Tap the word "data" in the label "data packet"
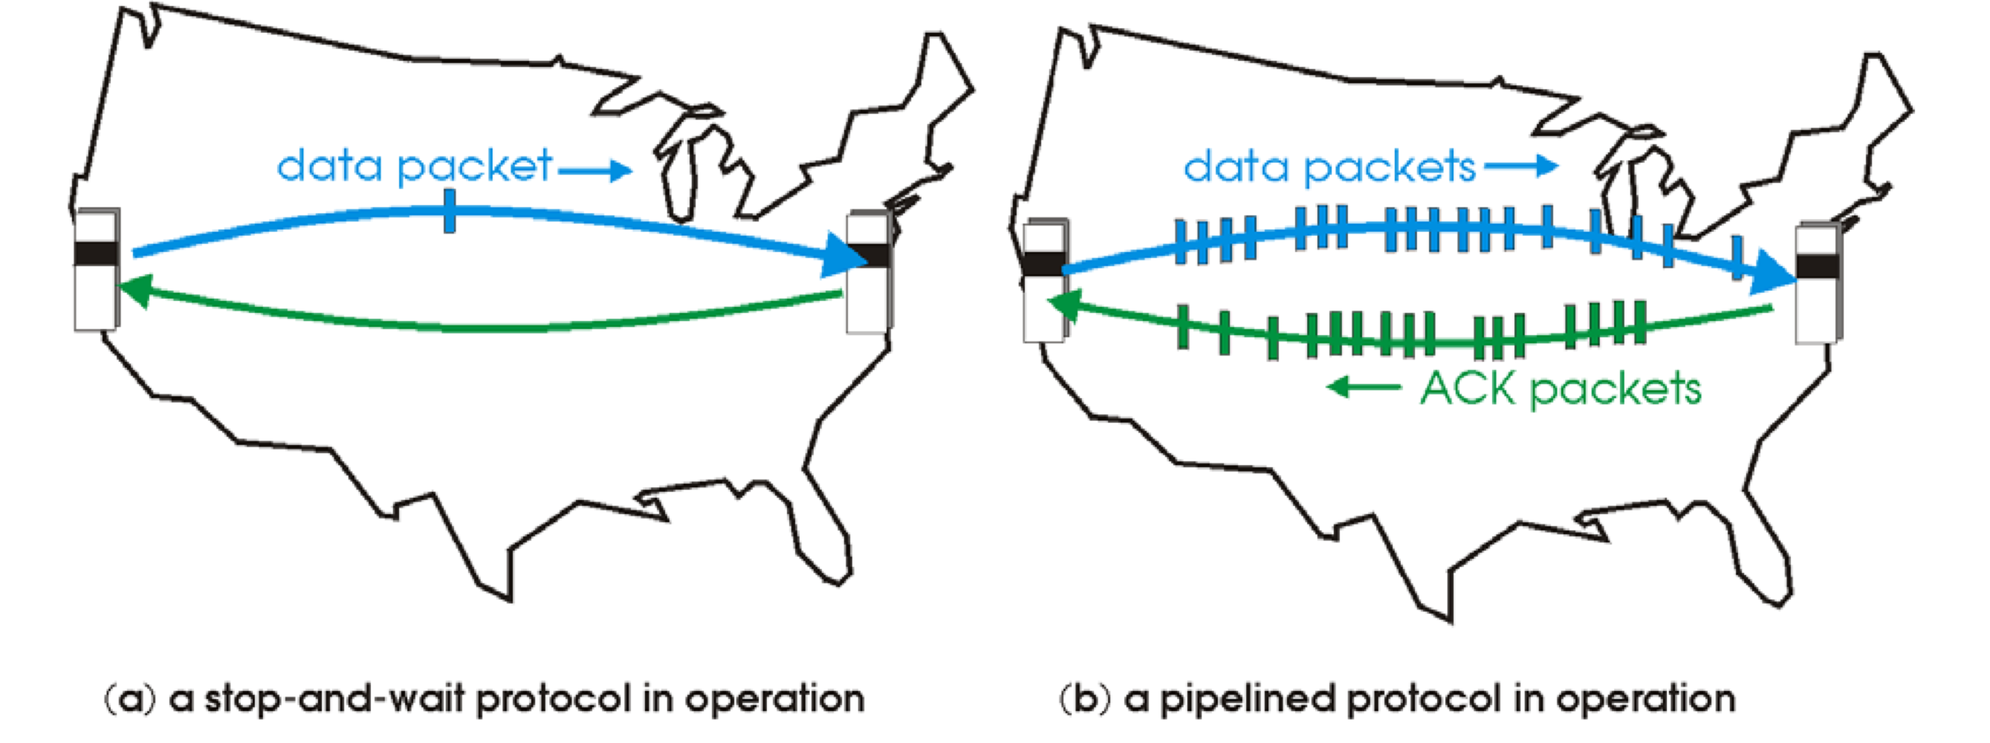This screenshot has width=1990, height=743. click(x=329, y=165)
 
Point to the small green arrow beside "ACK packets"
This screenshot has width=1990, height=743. click(x=1364, y=386)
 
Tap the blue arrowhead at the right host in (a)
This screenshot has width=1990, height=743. click(x=846, y=256)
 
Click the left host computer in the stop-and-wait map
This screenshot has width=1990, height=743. click(x=97, y=269)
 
